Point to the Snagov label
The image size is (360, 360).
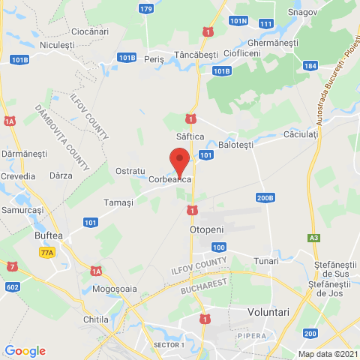(304, 12)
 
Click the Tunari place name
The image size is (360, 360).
(265, 259)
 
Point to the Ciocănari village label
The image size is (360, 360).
(89, 31)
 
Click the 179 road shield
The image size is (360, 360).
(146, 9)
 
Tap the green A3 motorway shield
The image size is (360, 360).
(313, 238)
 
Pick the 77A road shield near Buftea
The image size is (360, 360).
(48, 253)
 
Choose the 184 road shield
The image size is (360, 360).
(310, 66)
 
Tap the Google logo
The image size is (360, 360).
(25, 351)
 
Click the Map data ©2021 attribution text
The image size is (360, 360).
(327, 354)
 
